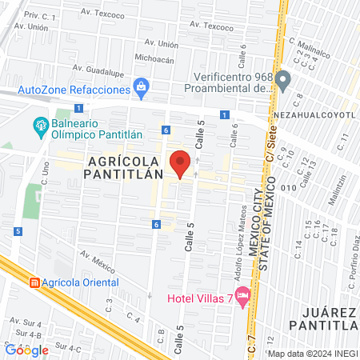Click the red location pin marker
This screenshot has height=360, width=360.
(x=181, y=163)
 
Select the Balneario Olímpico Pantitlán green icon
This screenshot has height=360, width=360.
(x=39, y=125)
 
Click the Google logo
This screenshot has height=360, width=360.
(x=26, y=350)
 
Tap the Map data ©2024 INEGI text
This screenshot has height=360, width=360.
(x=311, y=353)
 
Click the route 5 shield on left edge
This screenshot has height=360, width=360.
(x=17, y=231)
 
